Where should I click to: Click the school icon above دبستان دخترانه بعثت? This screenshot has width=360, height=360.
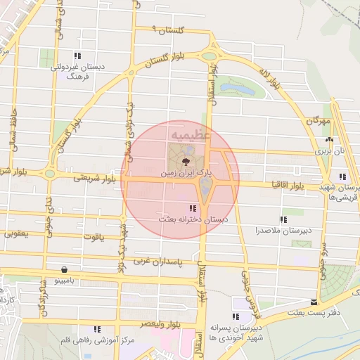pos(193,207)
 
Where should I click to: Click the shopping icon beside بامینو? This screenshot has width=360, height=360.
pos(65,269)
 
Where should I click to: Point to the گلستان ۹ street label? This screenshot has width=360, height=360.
pos(172,30)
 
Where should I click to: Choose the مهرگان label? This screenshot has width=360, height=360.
pos(318,122)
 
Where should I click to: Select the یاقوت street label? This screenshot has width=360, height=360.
pos(93,238)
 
